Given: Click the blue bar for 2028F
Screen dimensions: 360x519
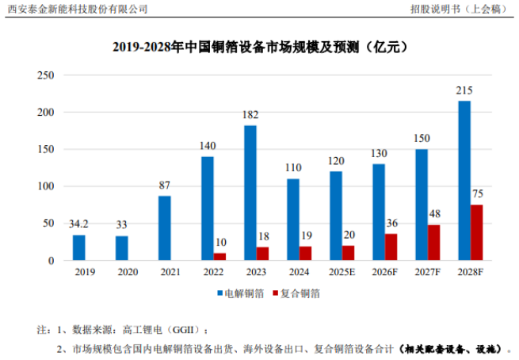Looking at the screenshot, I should [464, 181].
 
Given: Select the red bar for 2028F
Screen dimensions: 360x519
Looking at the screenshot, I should [477, 232].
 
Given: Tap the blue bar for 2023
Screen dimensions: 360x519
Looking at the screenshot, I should [250, 193].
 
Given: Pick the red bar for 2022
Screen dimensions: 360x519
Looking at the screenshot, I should [219, 257].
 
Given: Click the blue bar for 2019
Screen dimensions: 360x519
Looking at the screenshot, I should [79, 247].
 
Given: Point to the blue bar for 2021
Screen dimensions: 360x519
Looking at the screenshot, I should [165, 228].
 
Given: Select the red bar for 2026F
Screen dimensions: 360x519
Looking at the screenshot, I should [391, 247].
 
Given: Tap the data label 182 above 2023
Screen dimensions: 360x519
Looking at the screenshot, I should [250, 116].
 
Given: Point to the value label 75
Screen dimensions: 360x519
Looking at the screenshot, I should [477, 194].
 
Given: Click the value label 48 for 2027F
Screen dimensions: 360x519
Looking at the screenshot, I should [434, 215].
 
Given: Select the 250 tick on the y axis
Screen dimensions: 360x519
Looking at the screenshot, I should [46, 75].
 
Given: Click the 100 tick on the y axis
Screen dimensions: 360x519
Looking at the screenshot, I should [46, 186].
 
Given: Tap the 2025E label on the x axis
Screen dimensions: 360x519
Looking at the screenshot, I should [342, 272].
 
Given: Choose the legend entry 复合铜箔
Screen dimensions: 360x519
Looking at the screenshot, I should [300, 293].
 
